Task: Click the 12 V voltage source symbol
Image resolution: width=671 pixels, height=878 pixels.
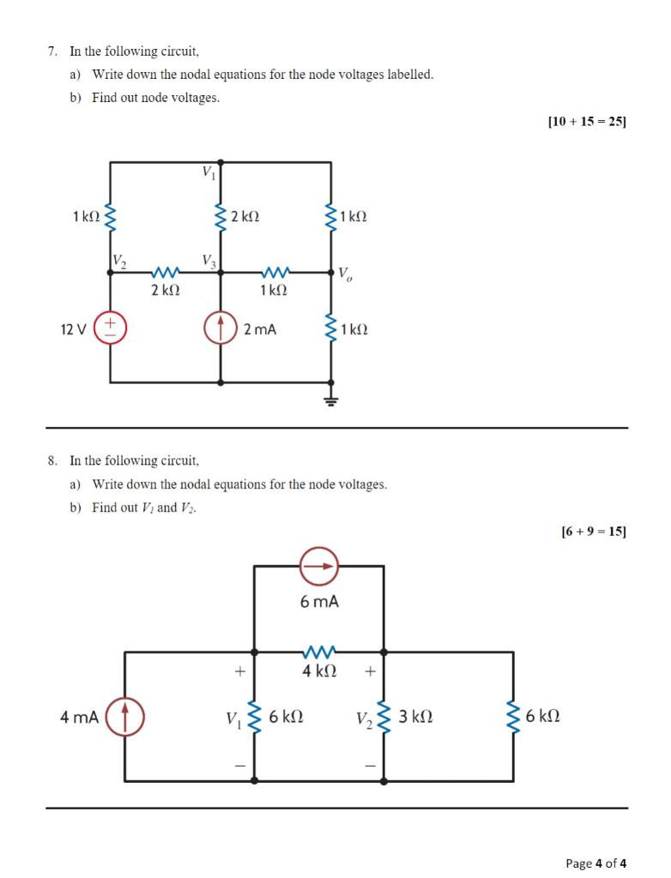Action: [110, 328]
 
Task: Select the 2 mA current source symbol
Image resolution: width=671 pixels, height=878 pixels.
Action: [221, 328]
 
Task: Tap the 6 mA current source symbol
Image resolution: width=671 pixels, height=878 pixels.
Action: [319, 566]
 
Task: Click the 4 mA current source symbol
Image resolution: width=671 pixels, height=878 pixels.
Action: [125, 717]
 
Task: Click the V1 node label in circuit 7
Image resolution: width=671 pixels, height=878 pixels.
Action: [209, 171]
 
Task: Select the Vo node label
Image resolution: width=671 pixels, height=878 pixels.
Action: [344, 274]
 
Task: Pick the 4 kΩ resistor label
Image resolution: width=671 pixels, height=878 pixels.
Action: [319, 671]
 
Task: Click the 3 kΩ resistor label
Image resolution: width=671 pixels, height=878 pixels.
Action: [415, 717]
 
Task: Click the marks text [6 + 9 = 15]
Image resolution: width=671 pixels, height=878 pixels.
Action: [593, 532]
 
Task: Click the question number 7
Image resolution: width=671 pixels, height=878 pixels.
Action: [52, 51]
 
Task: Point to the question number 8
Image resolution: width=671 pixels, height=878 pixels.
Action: [52, 461]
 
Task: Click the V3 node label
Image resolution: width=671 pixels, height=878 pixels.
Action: [209, 260]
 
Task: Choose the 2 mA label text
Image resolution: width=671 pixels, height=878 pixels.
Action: [260, 329]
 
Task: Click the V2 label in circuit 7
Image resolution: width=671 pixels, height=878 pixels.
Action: [119, 261]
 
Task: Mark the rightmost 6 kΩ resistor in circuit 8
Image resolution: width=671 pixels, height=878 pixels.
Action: [514, 716]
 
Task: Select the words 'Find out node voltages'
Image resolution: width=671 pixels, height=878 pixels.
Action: [155, 98]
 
